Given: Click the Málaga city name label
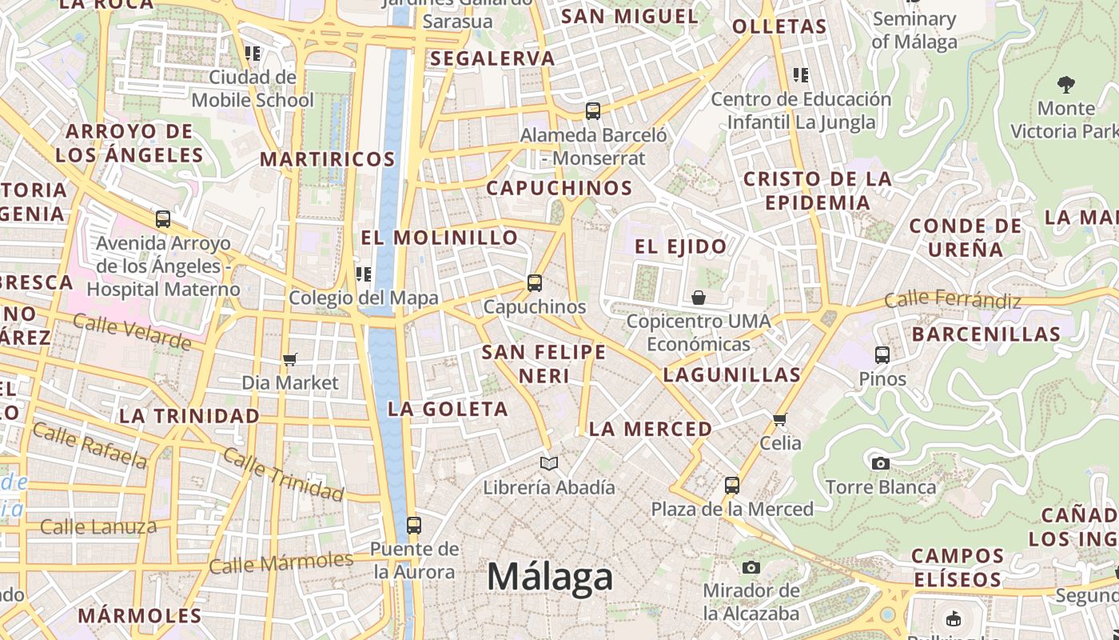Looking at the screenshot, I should [x=550, y=577].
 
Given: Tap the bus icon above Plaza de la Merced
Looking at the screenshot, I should [x=731, y=485].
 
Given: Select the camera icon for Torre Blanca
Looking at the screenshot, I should [x=880, y=463].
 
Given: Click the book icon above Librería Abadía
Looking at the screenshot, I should [x=549, y=463].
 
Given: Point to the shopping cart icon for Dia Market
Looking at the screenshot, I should [x=289, y=360].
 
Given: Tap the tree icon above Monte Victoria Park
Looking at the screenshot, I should [x=1065, y=84].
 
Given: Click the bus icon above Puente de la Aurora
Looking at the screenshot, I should [x=413, y=525].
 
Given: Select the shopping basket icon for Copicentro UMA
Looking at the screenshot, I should [x=699, y=298].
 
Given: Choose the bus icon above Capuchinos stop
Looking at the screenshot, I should [x=534, y=282].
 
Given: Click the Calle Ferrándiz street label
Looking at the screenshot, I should [x=953, y=300].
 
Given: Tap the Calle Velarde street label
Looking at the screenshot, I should [x=132, y=331].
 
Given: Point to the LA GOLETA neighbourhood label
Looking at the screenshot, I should [x=448, y=409].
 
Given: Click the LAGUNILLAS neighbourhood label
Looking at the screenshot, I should [x=731, y=374].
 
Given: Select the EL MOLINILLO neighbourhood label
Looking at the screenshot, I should [x=440, y=238].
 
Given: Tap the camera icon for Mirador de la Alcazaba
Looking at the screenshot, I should [x=751, y=567].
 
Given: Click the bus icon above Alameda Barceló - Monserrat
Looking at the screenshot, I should [x=592, y=111].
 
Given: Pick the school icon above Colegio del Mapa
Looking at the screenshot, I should [x=364, y=274].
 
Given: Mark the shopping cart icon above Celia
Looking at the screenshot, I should [x=780, y=418].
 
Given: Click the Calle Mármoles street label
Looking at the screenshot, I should [x=281, y=562].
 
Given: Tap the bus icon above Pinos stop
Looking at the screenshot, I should [x=882, y=354].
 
